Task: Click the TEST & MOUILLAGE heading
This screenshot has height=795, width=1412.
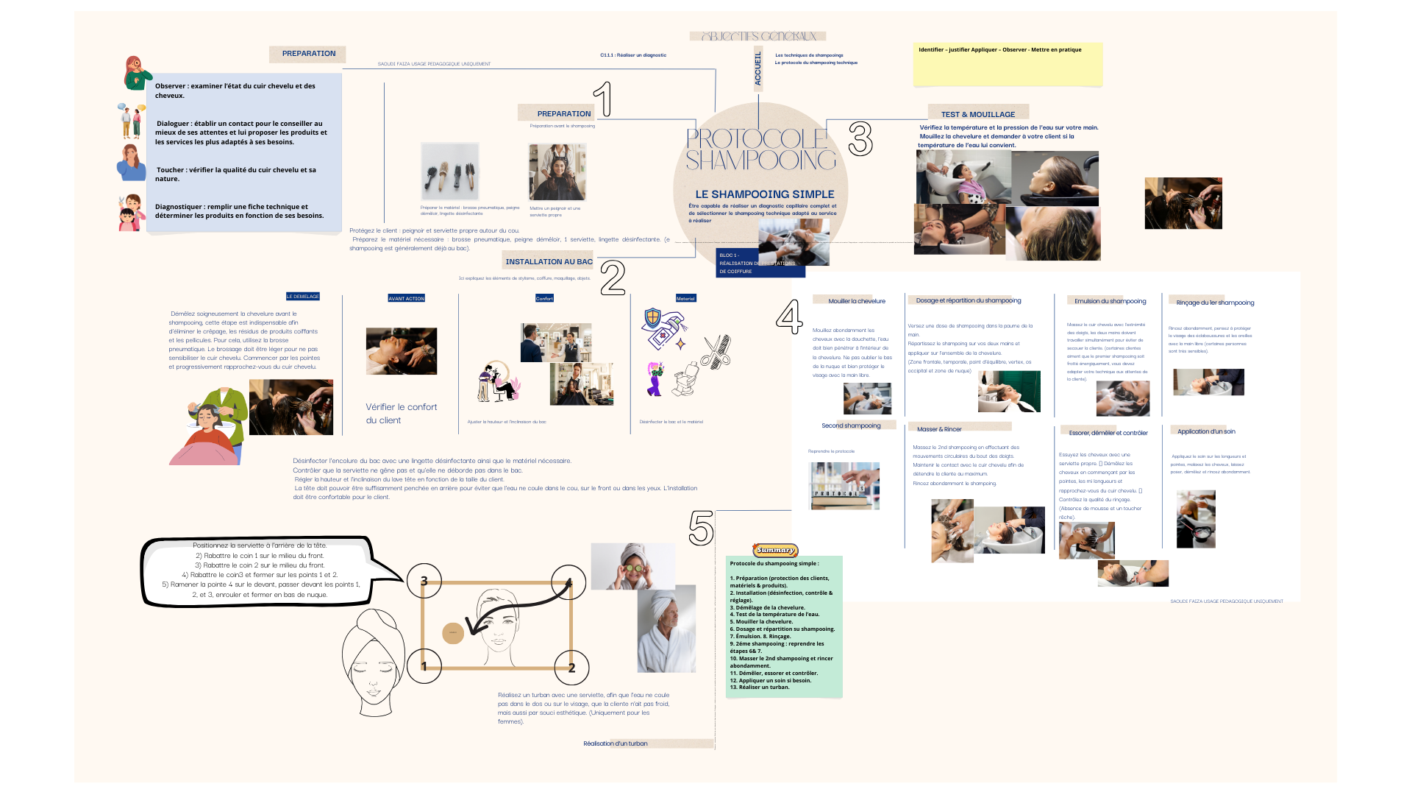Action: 977,114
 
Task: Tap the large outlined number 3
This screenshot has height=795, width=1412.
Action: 860,138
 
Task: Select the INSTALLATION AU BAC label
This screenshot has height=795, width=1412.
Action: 549,261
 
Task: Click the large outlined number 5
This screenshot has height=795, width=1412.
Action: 701,528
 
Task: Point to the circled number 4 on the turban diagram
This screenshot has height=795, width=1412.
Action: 568,582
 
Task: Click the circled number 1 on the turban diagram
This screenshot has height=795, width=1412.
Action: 424,666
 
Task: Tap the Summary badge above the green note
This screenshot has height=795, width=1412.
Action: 775,550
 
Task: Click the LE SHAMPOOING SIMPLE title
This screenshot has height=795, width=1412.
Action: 764,194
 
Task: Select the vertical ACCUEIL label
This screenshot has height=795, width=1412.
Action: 758,68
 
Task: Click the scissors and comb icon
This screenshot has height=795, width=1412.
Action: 715,350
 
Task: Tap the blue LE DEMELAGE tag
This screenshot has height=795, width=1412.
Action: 303,297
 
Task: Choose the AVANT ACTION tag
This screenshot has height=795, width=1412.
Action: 406,298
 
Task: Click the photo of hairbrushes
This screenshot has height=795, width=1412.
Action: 449,172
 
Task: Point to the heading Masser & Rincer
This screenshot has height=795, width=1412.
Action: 939,429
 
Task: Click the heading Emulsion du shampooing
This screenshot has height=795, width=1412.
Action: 1110,301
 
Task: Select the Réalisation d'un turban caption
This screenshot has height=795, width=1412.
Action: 616,743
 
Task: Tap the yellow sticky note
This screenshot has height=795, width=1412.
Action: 1008,66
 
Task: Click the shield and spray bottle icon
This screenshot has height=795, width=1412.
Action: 664,328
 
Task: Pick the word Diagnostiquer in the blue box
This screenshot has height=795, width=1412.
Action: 179,207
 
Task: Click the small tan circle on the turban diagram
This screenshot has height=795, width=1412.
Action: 453,632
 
